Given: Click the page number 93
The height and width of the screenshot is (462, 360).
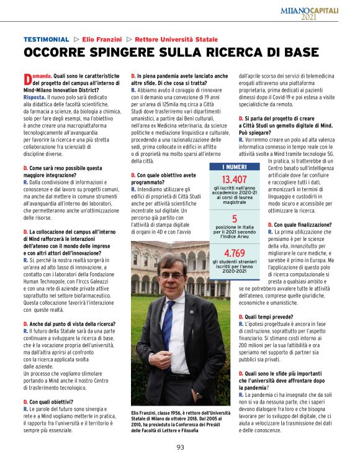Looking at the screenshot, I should pyautogui.click(x=180, y=446).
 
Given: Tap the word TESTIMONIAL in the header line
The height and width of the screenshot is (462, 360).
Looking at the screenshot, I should pyautogui.click(x=46, y=39).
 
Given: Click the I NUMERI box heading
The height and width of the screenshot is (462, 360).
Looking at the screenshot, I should pyautogui.click(x=235, y=167).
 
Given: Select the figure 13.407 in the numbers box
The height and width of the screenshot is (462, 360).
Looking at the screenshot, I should pyautogui.click(x=235, y=179).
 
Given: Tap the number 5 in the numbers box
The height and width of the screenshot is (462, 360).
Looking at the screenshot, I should pyautogui.click(x=235, y=219).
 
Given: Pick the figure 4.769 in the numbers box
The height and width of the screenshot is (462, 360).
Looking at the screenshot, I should pyautogui.click(x=235, y=253).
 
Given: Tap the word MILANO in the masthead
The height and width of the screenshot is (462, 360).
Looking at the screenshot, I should pyautogui.click(x=299, y=11).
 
